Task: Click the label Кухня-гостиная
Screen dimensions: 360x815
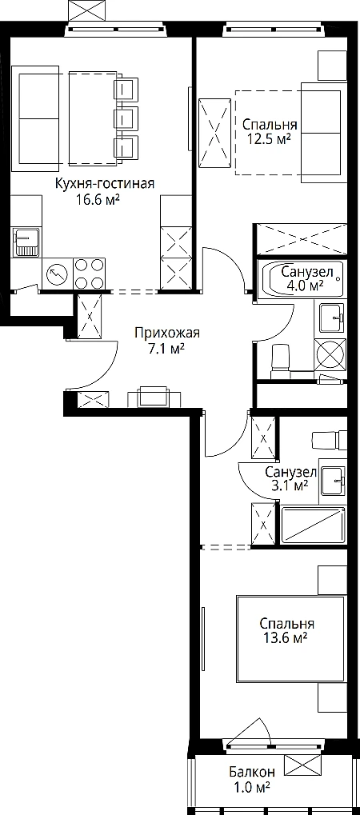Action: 105,185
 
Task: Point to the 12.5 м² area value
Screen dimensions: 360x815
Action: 268,139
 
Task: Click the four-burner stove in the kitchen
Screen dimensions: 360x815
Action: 89,274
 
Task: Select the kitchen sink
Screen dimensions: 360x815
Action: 26,242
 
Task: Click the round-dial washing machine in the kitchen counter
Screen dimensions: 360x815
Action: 57,274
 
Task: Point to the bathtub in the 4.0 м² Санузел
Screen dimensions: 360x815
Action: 302,279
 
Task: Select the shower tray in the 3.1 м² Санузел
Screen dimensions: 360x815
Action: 313,525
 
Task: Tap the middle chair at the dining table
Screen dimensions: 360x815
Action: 126,118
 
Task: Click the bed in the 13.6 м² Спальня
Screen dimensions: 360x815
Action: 290,639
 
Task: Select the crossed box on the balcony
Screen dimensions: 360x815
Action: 306,765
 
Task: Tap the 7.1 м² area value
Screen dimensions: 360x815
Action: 166,349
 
